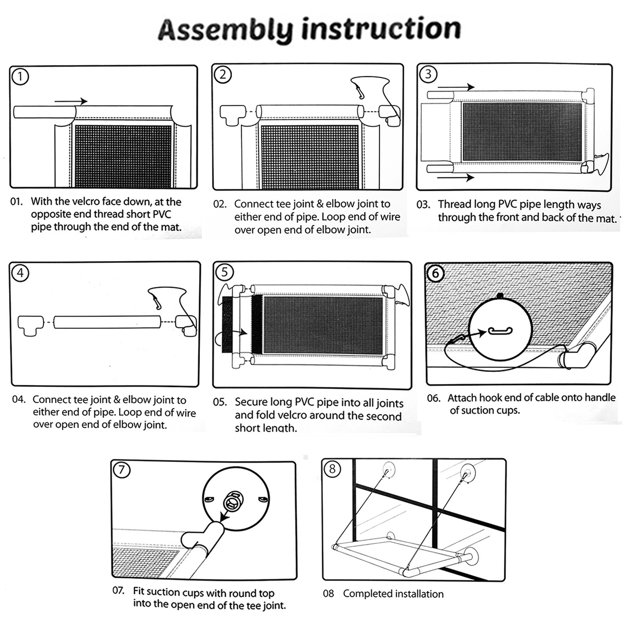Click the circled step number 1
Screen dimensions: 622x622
pos(20,77)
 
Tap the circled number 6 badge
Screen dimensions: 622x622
pos(435,273)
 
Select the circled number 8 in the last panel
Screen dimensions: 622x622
pos(332,469)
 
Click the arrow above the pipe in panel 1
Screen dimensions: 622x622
pos(71,101)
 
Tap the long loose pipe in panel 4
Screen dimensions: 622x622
pos(107,322)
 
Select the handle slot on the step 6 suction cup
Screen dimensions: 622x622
pos(500,331)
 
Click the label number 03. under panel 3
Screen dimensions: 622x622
pos(423,204)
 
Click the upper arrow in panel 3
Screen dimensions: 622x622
pos(456,87)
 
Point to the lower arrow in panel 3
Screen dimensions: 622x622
pos(456,178)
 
